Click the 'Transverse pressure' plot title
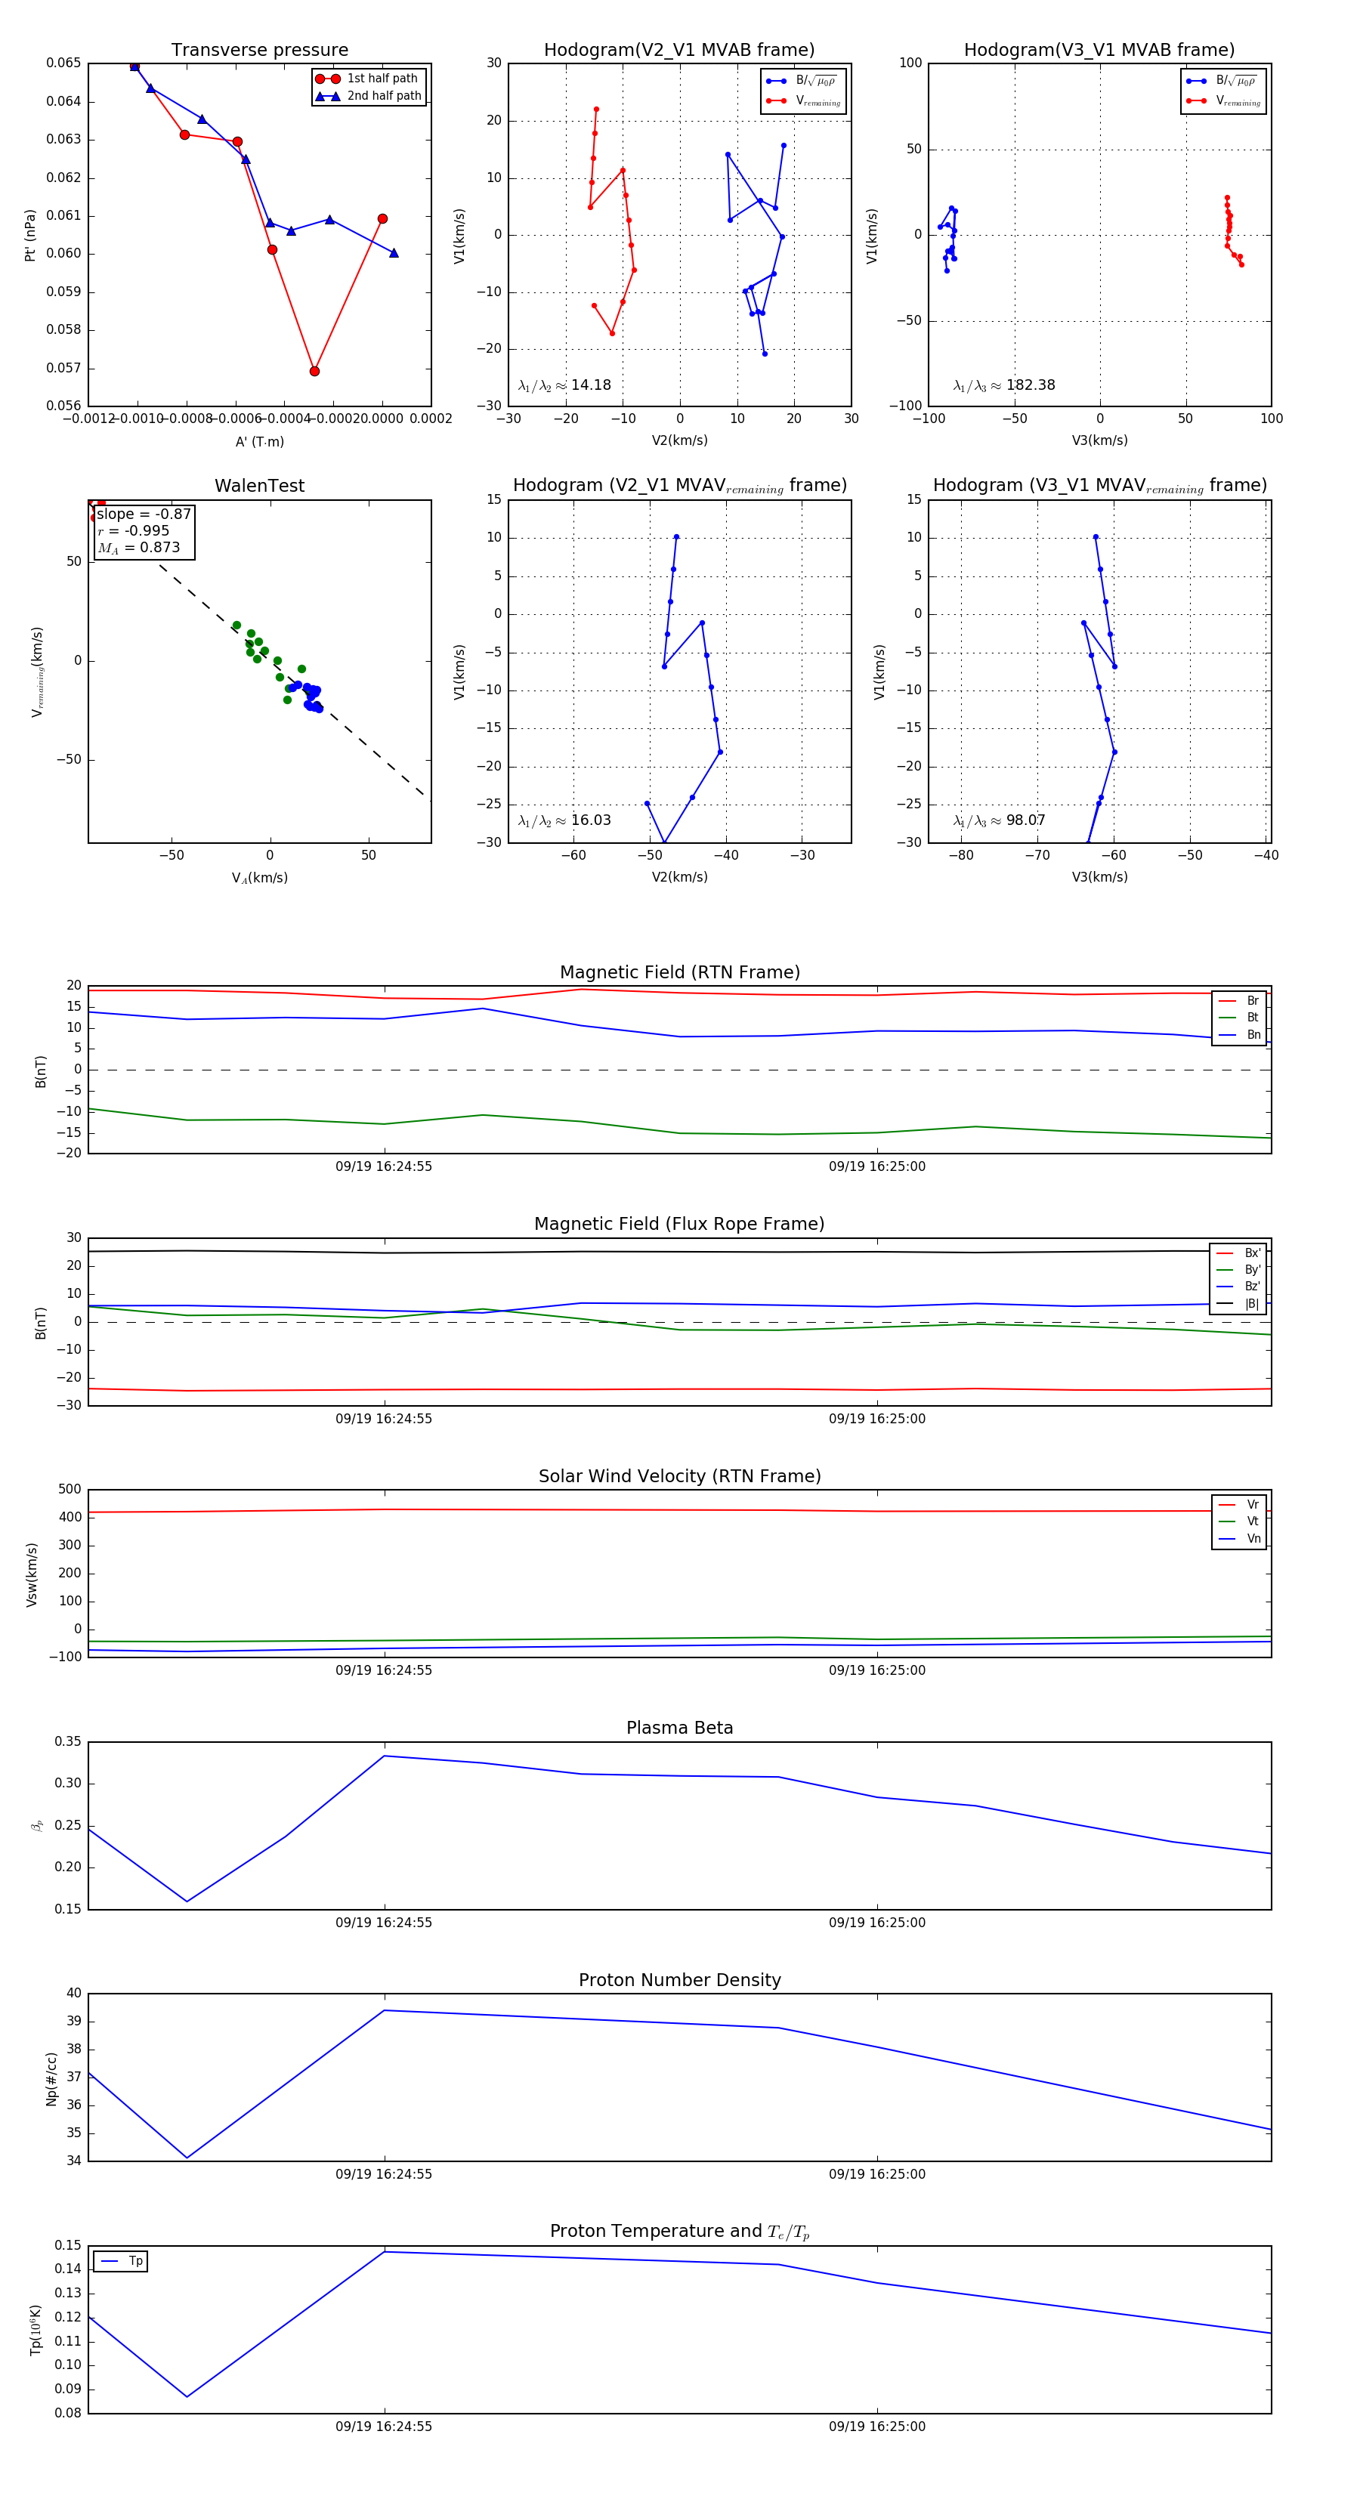pos(259,51)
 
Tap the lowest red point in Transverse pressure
pos(314,371)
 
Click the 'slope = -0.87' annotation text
pos(144,514)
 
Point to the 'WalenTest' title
pos(259,486)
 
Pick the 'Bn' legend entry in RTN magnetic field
pos(1253,1034)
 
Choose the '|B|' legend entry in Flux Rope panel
pos(1252,1304)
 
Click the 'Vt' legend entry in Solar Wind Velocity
pos(1253,1521)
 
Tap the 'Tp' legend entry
pos(135,2261)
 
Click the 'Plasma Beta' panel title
pos(679,1728)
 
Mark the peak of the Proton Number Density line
pos(385,2010)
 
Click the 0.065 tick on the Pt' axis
pos(64,63)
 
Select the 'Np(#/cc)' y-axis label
pos(51,2079)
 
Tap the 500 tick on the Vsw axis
pos(70,1490)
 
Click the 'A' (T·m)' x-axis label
pos(259,441)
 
